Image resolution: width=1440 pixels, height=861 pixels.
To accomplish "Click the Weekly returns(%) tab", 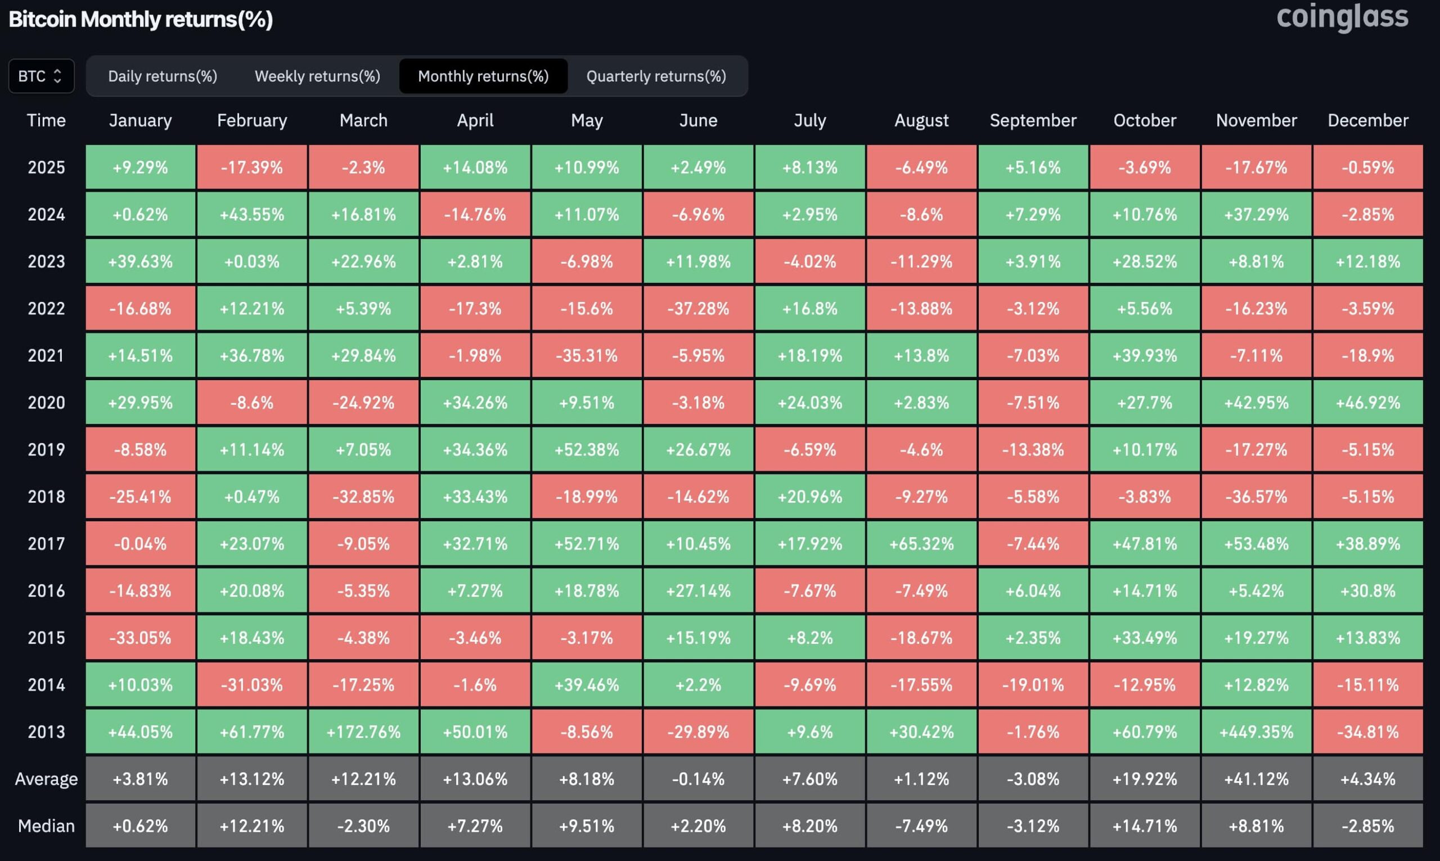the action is tap(317, 76).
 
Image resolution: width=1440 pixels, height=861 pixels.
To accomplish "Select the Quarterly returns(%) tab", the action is tap(656, 76).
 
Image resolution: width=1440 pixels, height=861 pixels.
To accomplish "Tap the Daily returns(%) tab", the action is tap(163, 76).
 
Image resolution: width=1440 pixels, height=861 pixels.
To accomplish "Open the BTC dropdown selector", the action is tap(41, 76).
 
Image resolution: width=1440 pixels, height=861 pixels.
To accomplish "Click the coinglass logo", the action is tap(1342, 17).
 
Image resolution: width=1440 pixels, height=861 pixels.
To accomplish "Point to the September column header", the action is tap(1033, 120).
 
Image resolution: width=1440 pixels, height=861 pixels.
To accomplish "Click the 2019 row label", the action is tap(47, 450).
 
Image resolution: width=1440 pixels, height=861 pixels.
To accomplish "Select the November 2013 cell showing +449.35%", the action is tap(1256, 732).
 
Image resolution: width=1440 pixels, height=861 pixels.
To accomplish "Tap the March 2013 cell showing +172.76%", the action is tap(363, 732).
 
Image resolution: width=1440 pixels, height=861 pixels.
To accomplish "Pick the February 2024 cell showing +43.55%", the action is tap(252, 215).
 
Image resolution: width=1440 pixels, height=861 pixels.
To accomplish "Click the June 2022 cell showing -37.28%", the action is tap(698, 309).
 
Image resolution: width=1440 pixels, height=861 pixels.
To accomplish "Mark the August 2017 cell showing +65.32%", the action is tap(921, 544).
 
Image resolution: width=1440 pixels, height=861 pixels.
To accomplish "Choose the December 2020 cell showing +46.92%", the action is tap(1368, 403).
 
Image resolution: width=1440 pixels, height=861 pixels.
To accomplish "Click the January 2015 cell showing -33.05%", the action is tap(141, 638).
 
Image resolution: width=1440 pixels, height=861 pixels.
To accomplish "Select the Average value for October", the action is tap(1145, 779).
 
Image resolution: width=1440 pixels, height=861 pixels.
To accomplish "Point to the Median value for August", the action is tap(921, 826).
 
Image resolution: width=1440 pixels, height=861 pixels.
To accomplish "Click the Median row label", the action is tap(47, 826).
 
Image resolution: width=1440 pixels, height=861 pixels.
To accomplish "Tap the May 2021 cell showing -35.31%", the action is tap(587, 355).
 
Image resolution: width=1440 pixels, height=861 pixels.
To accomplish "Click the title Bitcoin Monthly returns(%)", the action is tap(141, 19).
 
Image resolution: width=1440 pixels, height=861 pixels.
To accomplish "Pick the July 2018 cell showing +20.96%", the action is tap(810, 497).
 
